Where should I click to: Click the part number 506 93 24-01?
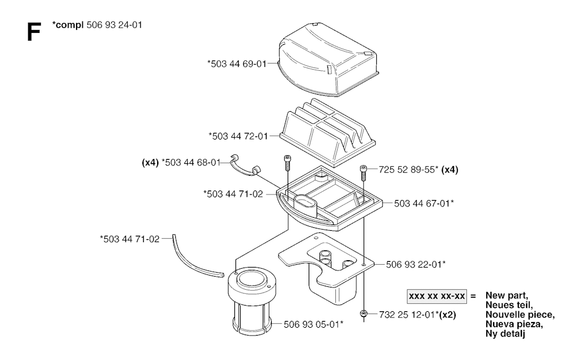(x=113, y=26)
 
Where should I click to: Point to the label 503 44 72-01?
(x=239, y=135)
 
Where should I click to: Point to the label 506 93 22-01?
(x=415, y=264)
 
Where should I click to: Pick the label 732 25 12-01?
(x=407, y=314)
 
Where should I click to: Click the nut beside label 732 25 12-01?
(x=363, y=314)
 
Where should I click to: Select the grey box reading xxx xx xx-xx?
(x=436, y=296)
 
